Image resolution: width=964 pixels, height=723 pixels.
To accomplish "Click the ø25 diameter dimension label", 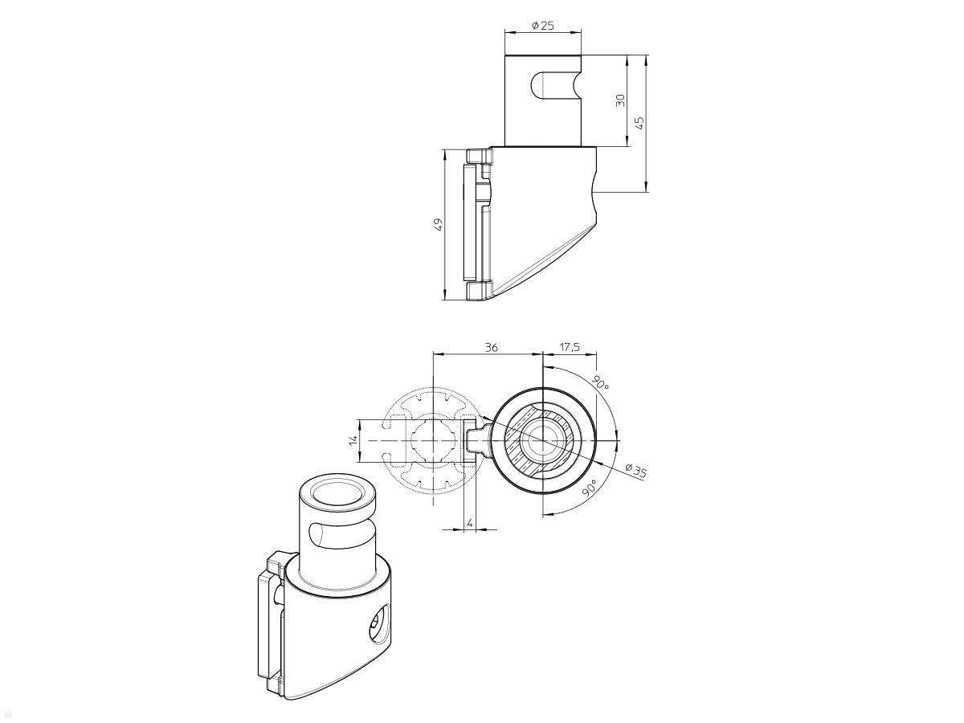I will coord(543,26).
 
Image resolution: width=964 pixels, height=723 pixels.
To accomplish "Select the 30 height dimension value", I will coord(620,100).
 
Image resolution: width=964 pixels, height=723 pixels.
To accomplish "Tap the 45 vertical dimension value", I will coord(639,122).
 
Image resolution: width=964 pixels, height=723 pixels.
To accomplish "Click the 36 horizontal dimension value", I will coord(491,347).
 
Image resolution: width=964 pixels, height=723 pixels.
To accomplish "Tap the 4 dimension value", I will coord(470,524).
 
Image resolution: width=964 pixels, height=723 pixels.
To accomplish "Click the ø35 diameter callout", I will coord(635,471).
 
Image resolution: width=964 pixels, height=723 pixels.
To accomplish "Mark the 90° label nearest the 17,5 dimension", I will coord(601,382).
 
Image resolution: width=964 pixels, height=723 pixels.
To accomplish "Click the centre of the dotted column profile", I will coord(433,441).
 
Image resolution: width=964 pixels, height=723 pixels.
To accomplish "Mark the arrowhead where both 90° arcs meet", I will coord(615,441).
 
